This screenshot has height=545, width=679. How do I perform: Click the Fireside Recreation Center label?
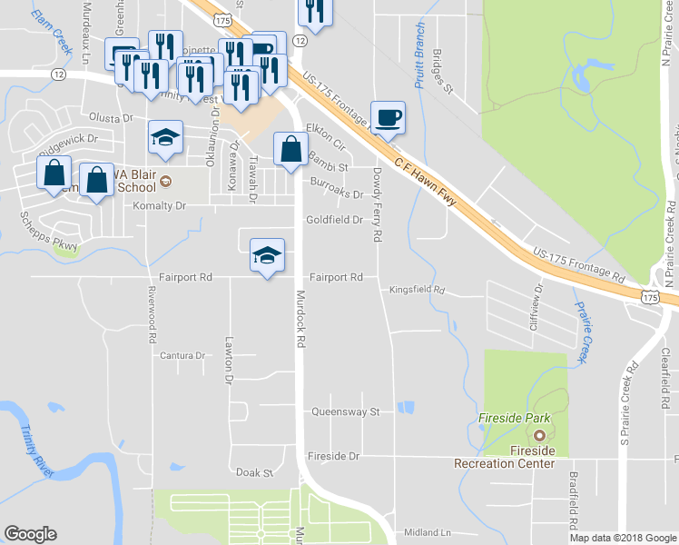tap(504, 457)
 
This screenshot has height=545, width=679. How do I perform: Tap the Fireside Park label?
tap(515, 419)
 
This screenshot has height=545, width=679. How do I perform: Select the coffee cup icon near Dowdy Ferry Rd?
tap(388, 118)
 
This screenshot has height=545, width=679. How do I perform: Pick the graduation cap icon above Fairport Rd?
tap(266, 256)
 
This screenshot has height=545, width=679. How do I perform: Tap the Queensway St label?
tap(345, 411)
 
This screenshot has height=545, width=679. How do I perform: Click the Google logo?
tap(30, 534)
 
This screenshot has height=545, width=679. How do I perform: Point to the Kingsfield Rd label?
tap(417, 291)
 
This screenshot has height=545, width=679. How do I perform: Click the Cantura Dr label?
tap(182, 355)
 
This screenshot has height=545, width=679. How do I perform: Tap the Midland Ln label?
tap(428, 532)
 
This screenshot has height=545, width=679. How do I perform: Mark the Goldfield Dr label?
tap(334, 220)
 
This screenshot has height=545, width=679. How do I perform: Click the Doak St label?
tap(254, 473)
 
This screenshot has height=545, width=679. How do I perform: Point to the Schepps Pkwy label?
tap(50, 233)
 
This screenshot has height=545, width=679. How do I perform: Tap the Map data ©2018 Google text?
tap(623, 538)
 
